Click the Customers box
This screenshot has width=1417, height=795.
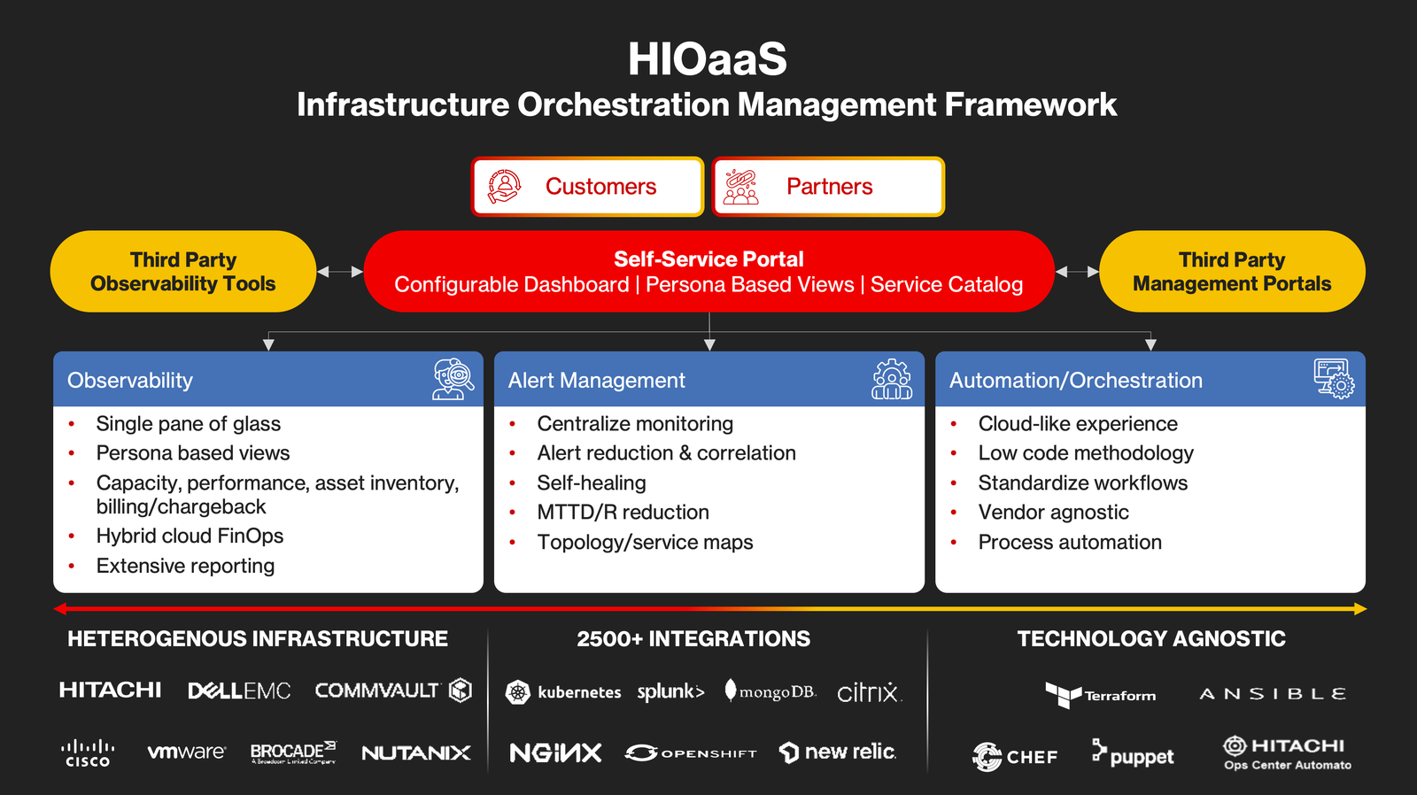click(587, 187)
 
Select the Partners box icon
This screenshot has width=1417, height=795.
click(741, 187)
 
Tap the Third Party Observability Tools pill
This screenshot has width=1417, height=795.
click(183, 272)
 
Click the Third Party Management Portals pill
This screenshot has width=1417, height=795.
click(1231, 272)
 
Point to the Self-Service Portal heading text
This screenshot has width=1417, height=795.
click(708, 259)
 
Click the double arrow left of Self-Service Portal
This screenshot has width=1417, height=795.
click(340, 272)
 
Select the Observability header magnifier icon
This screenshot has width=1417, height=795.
click(453, 379)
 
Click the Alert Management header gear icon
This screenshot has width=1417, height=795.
click(892, 379)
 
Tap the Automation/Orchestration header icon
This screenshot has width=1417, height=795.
click(1334, 379)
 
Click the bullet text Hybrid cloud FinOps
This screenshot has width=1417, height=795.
click(190, 536)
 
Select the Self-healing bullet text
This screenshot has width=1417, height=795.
click(592, 483)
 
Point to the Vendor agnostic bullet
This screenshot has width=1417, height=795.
click(1053, 513)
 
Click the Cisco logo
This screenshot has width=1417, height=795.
click(88, 753)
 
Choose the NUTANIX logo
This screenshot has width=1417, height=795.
click(416, 753)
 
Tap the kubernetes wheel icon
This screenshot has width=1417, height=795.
click(518, 692)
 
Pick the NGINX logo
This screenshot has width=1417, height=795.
click(555, 753)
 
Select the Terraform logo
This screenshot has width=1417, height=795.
click(1100, 695)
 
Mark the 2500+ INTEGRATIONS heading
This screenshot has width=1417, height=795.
click(693, 639)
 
